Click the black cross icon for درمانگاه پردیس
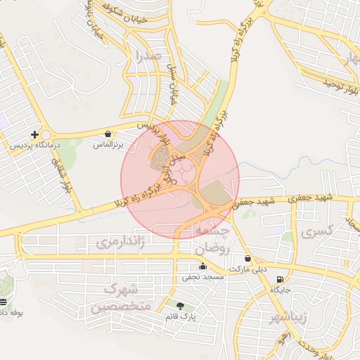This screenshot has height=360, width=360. coord(34,134)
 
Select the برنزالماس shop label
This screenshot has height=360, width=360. coord(108,144)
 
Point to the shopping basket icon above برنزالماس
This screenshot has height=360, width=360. coord(108,134)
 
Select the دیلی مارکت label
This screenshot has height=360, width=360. coord(247,269)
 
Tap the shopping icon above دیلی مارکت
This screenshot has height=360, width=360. coord(247,259)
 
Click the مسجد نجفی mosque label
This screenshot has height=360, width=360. coord(203,277)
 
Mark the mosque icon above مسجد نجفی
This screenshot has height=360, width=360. coord(203,266)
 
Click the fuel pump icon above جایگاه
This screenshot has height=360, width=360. coord(281,279)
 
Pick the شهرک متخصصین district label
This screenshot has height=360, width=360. coord(116,298)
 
